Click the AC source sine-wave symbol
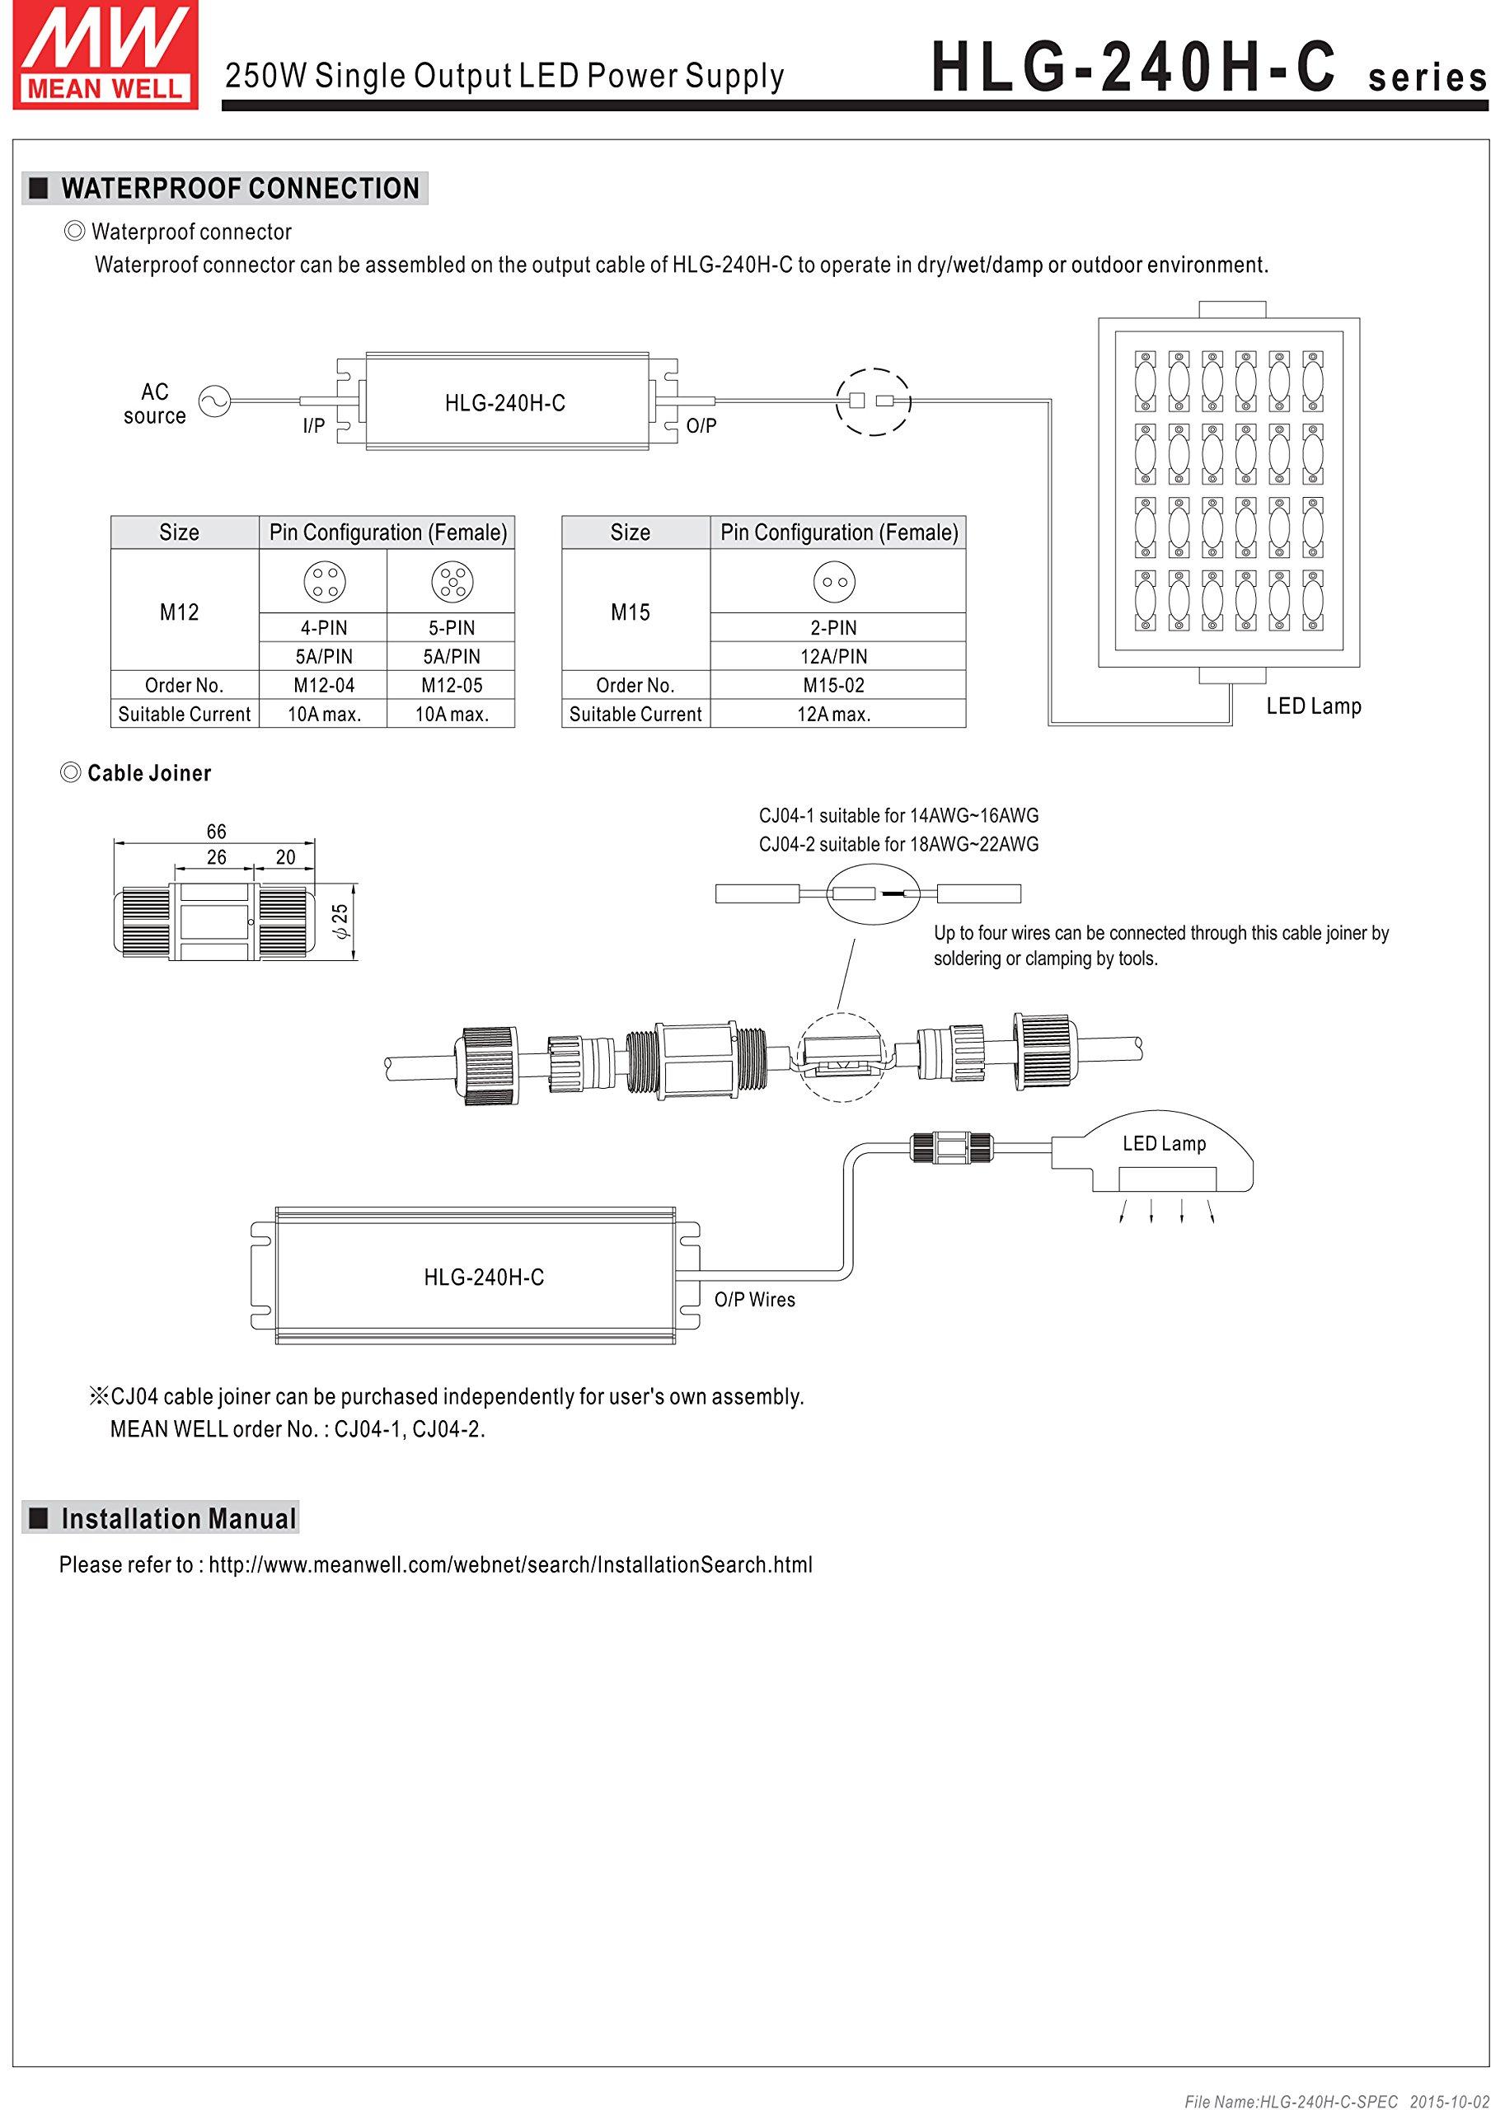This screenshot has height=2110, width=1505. click(215, 401)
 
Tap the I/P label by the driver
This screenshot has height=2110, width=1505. click(313, 426)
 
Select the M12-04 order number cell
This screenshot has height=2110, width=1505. click(323, 686)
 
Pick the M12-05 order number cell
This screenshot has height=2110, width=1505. click(452, 686)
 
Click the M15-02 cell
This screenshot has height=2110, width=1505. click(833, 686)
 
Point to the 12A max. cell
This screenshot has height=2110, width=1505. click(833, 715)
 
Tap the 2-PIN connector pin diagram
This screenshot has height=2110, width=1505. click(834, 582)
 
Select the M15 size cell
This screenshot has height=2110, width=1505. click(631, 612)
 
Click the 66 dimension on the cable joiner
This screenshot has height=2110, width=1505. click(216, 831)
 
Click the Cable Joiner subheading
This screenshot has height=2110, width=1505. click(148, 774)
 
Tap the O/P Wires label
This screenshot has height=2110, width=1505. click(754, 1299)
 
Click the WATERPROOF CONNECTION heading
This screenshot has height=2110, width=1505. click(239, 188)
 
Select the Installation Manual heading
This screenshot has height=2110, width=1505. click(178, 1519)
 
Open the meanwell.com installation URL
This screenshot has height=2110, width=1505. click(509, 1565)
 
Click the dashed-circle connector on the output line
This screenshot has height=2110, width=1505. click(874, 402)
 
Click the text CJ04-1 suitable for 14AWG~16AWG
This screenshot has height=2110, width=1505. click(898, 816)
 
